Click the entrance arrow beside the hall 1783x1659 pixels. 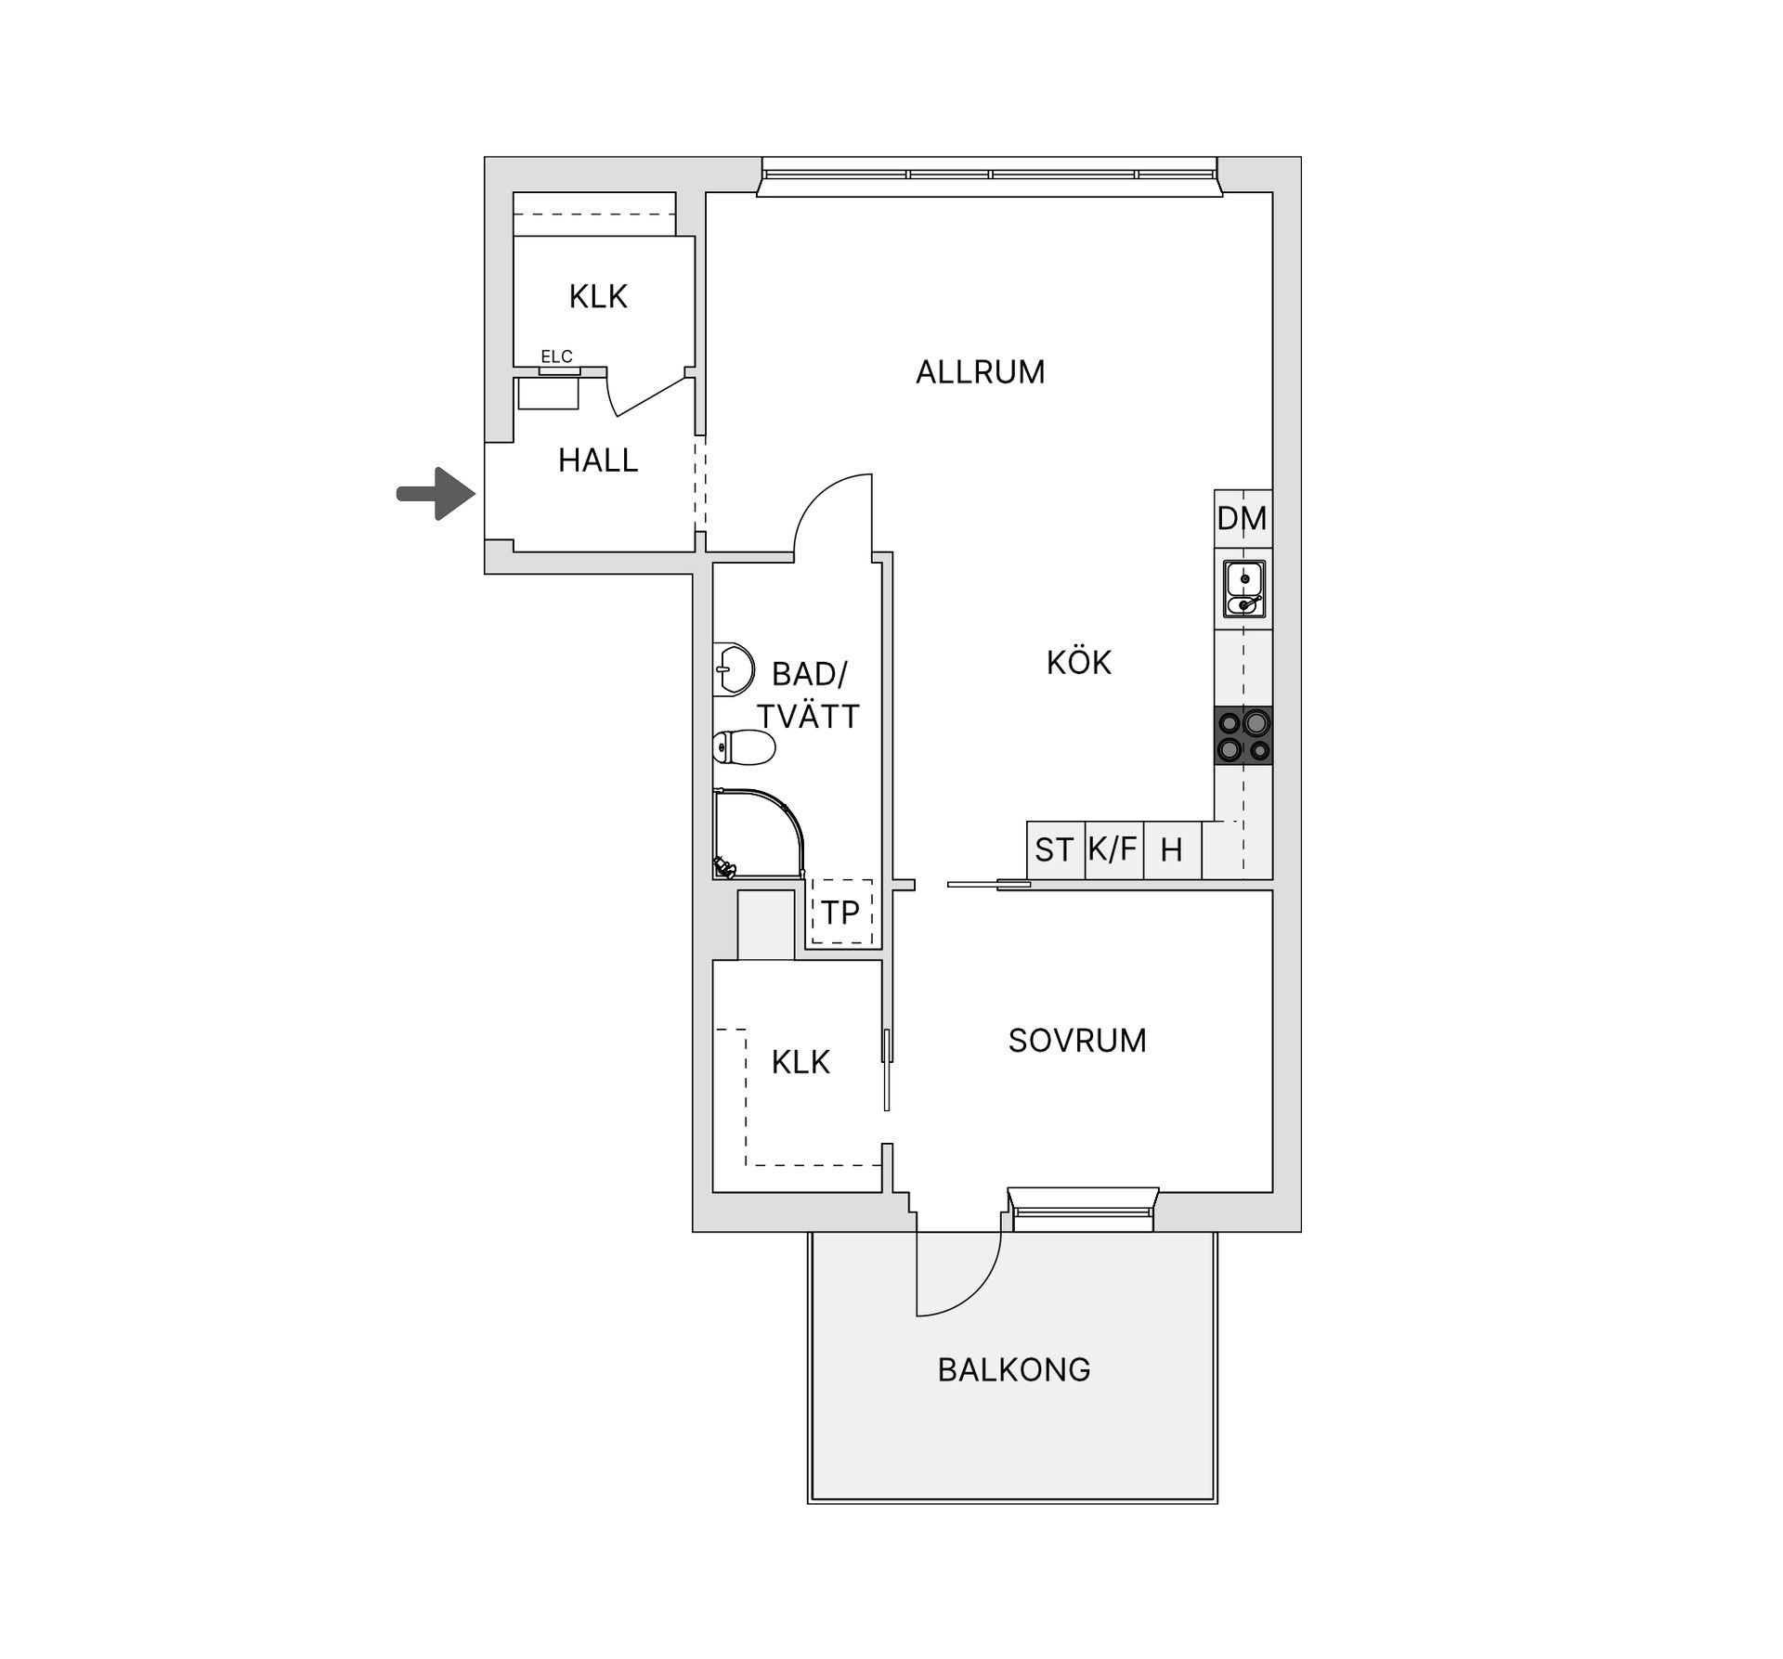[x=436, y=493]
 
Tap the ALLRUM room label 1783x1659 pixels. [x=980, y=372]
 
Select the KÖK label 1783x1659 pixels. [x=1078, y=662]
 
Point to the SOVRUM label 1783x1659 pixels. [x=1077, y=1041]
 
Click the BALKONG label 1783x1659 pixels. [x=1014, y=1369]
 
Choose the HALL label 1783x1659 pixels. [x=598, y=460]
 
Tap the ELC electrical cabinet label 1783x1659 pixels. [x=556, y=356]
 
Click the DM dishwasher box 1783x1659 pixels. [x=1243, y=518]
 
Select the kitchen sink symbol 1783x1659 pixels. [x=1243, y=589]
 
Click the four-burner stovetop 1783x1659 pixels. [x=1243, y=736]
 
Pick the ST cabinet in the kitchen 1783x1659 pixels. [x=1055, y=849]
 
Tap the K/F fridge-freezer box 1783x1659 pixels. [x=1114, y=849]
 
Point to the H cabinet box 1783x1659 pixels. [x=1173, y=849]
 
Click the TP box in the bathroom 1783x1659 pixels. [x=840, y=912]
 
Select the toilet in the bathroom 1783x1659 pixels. [x=744, y=747]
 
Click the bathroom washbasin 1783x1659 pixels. [x=734, y=668]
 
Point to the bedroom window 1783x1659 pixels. [x=1083, y=1210]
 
